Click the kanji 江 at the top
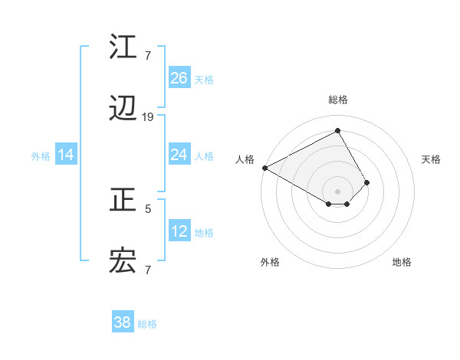point(123,47)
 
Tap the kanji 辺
point(123,111)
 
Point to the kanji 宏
point(123,263)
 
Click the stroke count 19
point(148,117)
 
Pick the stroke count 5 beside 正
point(148,207)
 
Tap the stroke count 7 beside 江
point(148,54)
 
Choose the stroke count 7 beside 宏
point(148,270)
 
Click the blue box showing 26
point(179,78)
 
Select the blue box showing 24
point(179,155)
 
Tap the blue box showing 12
point(179,231)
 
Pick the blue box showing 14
point(66,155)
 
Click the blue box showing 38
point(123,322)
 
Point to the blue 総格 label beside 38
point(147,324)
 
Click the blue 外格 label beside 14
point(41,156)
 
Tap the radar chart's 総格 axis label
point(338,100)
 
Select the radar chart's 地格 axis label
point(402,262)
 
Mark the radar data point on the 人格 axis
point(264,168)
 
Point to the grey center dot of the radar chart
point(338,191)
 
